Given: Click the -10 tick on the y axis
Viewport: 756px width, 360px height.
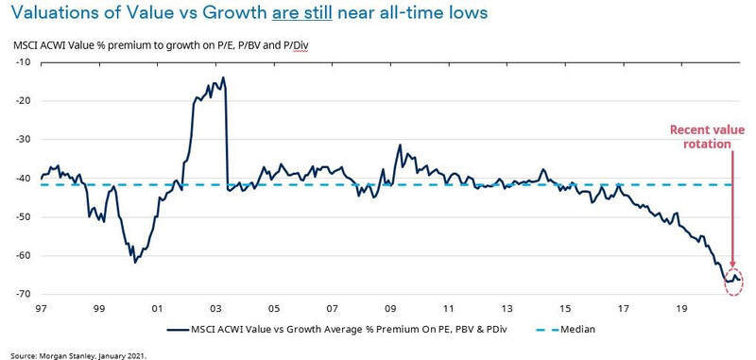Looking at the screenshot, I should pyautogui.click(x=23, y=61).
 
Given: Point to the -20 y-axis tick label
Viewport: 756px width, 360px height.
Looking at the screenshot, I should pyautogui.click(x=23, y=100).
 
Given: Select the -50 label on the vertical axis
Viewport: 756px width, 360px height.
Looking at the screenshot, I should pyautogui.click(x=23, y=216).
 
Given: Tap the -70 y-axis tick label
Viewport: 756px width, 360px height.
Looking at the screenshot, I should pyautogui.click(x=23, y=294).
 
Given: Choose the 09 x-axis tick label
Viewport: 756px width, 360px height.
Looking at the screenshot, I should pyautogui.click(x=389, y=308).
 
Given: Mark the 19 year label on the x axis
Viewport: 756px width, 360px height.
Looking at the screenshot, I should pyautogui.click(x=679, y=308).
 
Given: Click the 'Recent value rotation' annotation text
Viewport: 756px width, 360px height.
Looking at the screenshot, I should pyautogui.click(x=700, y=137).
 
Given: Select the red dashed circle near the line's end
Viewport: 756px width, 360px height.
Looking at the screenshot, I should pyautogui.click(x=732, y=281).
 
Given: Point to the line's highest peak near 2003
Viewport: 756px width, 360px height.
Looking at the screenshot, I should pyautogui.click(x=223, y=77).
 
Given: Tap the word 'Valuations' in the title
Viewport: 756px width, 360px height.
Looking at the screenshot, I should pyautogui.click(x=53, y=16).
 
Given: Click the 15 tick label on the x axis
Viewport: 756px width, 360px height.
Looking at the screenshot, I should pyautogui.click(x=563, y=308).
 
